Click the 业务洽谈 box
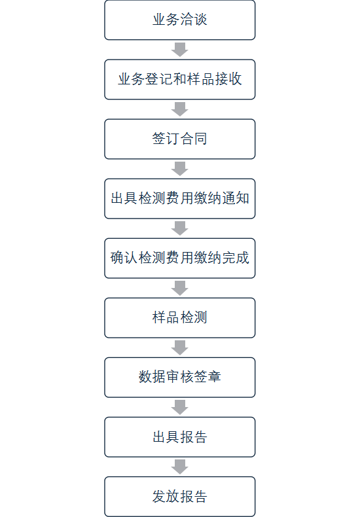pyautogui.click(x=179, y=20)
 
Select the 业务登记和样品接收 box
pyautogui.click(x=179, y=79)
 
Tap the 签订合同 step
pyautogui.click(x=179, y=139)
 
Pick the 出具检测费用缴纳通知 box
pyautogui.click(x=179, y=198)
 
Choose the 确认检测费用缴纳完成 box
pyautogui.click(x=179, y=258)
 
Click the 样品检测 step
pyautogui.click(x=179, y=318)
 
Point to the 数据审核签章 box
pyautogui.click(x=179, y=378)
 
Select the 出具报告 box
pyautogui.click(x=179, y=437)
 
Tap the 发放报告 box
pyautogui.click(x=179, y=497)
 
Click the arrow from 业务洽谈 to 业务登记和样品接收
pyautogui.click(x=179, y=50)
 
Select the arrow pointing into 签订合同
pyautogui.click(x=179, y=109)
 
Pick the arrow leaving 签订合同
pyautogui.click(x=179, y=169)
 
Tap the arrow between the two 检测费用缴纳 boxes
pyautogui.click(x=179, y=228)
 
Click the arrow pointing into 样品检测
pyautogui.click(x=179, y=288)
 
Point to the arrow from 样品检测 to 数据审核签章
pyautogui.click(x=179, y=348)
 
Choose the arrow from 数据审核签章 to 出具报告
pyautogui.click(x=179, y=408)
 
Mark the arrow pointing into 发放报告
pyautogui.click(x=179, y=467)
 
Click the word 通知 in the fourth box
pyautogui.click(x=236, y=198)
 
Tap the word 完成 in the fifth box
pyautogui.click(x=236, y=258)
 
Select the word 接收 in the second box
pyautogui.click(x=228, y=79)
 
